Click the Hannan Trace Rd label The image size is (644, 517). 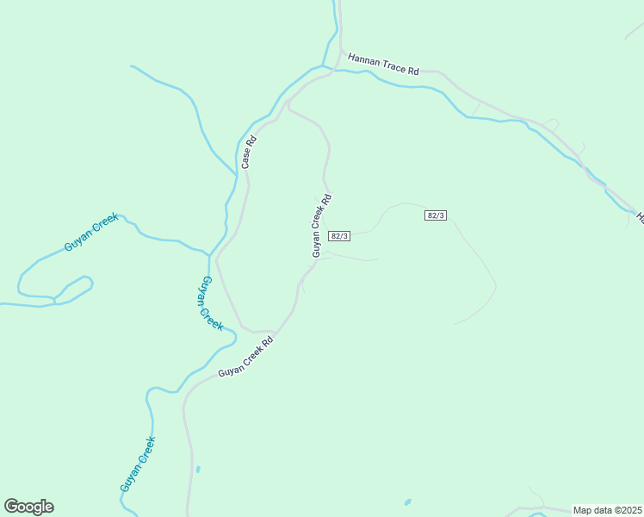coord(383,64)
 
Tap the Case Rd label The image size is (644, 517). coord(248,153)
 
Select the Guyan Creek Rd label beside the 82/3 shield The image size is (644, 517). coord(321,225)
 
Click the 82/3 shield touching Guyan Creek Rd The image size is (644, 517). coord(340,236)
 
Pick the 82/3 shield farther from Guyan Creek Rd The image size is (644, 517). coord(437,215)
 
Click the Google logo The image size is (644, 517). coord(28,507)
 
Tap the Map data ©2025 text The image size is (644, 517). coord(608,510)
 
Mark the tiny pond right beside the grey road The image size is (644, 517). coord(197,470)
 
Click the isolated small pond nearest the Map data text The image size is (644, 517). coord(407,502)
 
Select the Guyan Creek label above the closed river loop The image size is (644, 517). coord(90,233)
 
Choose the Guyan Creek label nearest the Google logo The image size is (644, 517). coord(138,464)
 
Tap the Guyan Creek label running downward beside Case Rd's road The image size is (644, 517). coord(212,303)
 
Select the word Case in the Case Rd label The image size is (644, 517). coord(246,158)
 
